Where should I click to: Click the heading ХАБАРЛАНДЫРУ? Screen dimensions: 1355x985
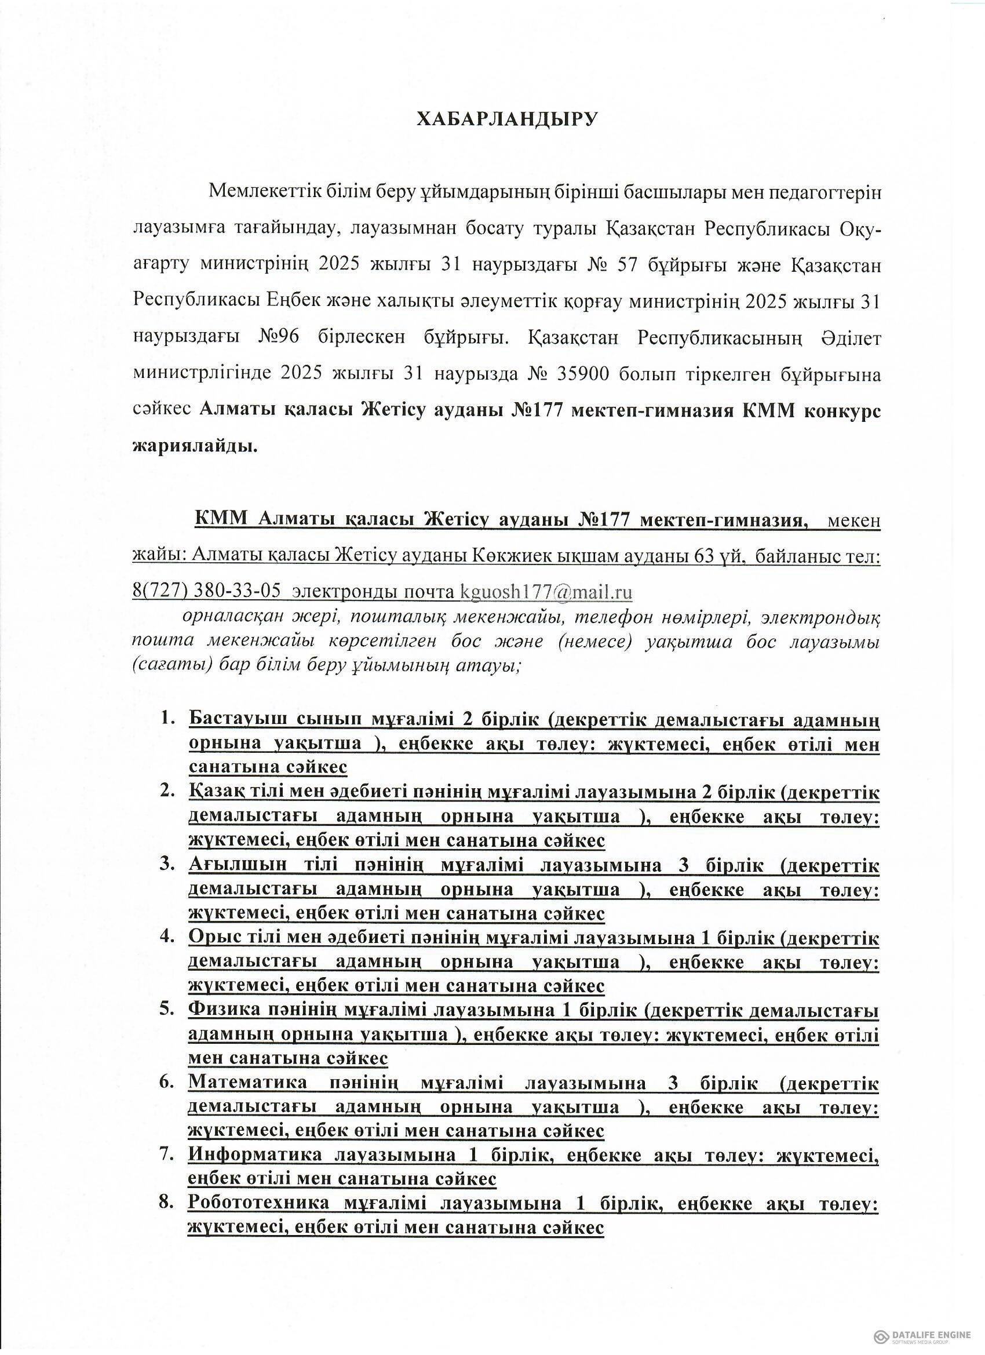coord(506,119)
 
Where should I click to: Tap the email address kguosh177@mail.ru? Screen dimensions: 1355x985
coord(546,592)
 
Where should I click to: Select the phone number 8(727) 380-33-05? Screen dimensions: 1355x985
coord(206,592)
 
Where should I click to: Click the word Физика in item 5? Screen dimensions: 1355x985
coord(225,1010)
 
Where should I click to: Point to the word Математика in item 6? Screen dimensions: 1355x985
coord(247,1083)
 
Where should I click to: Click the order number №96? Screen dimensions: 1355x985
coord(278,337)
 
